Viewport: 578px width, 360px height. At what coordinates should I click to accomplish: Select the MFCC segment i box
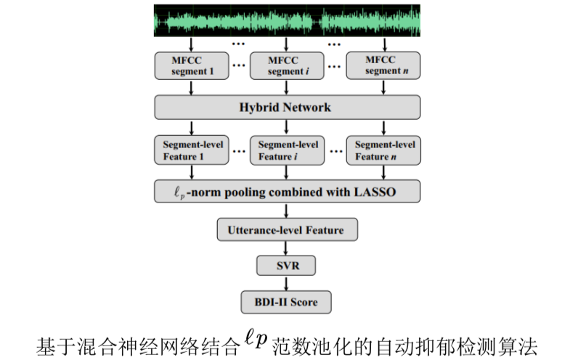288,66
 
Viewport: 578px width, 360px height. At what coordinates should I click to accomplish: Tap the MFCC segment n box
384,66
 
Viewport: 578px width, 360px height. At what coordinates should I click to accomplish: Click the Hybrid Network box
288,107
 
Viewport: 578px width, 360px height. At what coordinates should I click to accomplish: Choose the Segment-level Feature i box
288,150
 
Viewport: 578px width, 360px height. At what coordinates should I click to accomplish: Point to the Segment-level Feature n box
384,150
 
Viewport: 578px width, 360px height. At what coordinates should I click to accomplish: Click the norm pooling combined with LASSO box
288,192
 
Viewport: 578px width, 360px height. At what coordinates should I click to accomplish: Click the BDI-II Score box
287,300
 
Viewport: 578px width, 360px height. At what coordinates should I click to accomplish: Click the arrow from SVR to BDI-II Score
287,283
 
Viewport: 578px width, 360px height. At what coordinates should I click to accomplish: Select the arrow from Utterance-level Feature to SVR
287,248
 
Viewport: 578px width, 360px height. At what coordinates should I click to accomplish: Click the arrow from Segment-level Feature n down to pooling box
384,172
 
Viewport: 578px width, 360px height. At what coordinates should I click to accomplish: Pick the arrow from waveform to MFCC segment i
288,44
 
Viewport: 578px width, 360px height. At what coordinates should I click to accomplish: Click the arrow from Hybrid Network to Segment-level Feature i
288,127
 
